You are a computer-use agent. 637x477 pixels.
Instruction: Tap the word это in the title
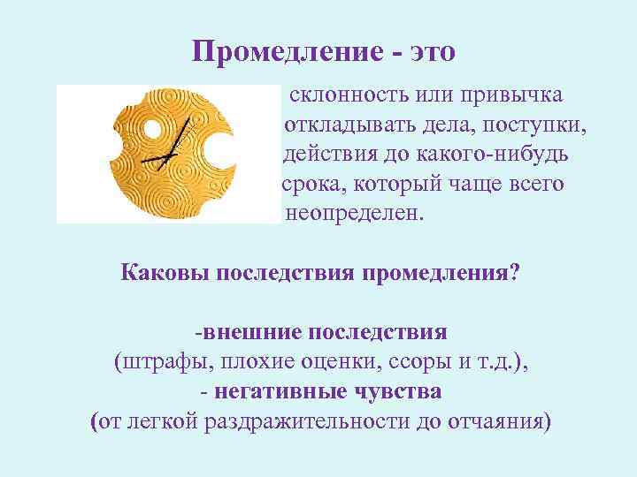pos(427,52)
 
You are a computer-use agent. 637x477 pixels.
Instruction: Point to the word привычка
pos(516,95)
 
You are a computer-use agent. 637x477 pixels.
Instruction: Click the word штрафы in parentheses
pos(162,361)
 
